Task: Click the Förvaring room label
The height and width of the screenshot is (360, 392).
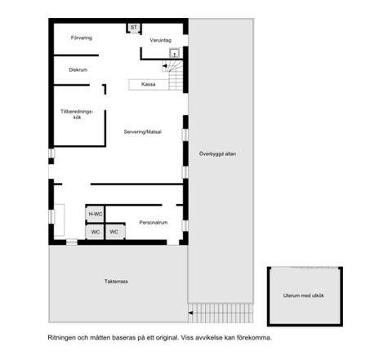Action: (x=82, y=38)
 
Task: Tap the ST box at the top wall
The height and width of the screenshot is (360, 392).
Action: (x=134, y=28)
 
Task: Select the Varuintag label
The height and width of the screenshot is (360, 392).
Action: (x=161, y=40)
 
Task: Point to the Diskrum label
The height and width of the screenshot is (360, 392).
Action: (x=78, y=70)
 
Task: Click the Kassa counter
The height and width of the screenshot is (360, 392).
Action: (x=149, y=84)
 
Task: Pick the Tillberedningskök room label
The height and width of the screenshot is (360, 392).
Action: (x=77, y=114)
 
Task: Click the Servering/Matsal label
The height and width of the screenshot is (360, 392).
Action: (x=143, y=132)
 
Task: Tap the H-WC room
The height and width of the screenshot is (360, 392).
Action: (x=95, y=215)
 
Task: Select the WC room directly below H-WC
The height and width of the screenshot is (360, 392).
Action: (x=95, y=232)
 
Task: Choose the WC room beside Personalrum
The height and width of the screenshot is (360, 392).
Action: (x=115, y=232)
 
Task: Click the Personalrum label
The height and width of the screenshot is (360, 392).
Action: (x=154, y=223)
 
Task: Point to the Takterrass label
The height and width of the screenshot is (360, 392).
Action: (x=116, y=282)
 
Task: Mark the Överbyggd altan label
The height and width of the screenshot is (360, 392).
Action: (x=217, y=154)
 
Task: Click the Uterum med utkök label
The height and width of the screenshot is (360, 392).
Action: (x=304, y=296)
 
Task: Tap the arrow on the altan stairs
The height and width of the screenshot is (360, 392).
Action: (x=190, y=313)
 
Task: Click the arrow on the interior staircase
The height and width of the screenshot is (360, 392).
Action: (x=165, y=66)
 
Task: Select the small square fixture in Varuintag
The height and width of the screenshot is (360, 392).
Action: (x=175, y=54)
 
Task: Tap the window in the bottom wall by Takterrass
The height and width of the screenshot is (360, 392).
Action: (x=72, y=242)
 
